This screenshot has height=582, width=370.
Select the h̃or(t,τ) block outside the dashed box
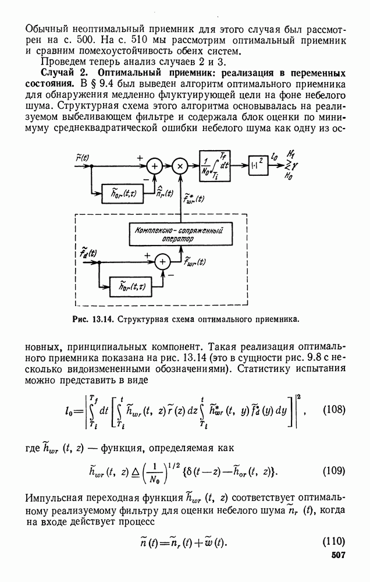[x=119, y=193]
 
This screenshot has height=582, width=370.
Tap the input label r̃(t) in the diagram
[x=83, y=157]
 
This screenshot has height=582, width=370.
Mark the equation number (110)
[x=333, y=541]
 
